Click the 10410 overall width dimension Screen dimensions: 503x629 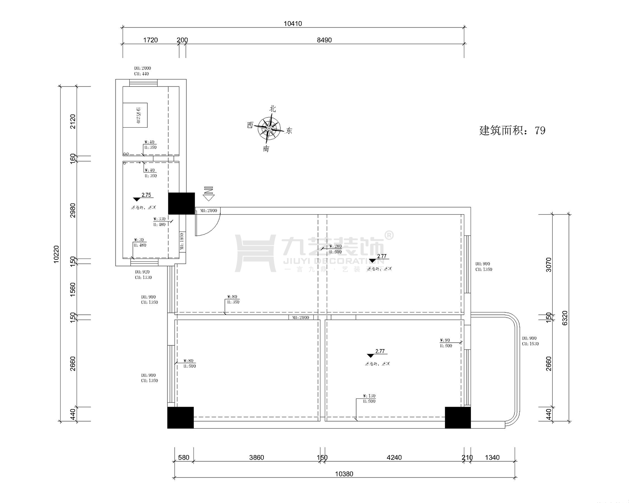pyautogui.click(x=293, y=24)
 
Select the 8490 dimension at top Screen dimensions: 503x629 pyautogui.click(x=324, y=40)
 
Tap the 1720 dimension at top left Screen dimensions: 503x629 pyautogui.click(x=150, y=40)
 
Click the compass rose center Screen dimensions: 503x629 pyautogui.click(x=269, y=128)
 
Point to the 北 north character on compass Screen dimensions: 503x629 pyautogui.click(x=272, y=109)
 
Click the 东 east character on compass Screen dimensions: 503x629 pyautogui.click(x=289, y=130)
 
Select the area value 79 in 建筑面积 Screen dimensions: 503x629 pyautogui.click(x=540, y=130)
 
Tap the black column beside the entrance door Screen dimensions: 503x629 pyautogui.click(x=181, y=203)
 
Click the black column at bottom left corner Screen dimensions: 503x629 pyautogui.click(x=180, y=417)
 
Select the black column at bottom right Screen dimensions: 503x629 pyautogui.click(x=458, y=417)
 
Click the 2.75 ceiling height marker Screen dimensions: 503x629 pyautogui.click(x=146, y=195)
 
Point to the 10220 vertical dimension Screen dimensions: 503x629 pyautogui.click(x=56, y=254)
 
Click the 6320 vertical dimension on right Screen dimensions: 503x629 pyautogui.click(x=565, y=318)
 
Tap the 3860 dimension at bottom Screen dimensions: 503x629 pyautogui.click(x=257, y=457)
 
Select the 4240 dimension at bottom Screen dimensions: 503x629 pyautogui.click(x=394, y=457)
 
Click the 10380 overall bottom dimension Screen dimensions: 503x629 pyautogui.click(x=344, y=474)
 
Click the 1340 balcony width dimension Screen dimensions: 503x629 pyautogui.click(x=492, y=457)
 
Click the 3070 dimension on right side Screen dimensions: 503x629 pyautogui.click(x=549, y=265)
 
